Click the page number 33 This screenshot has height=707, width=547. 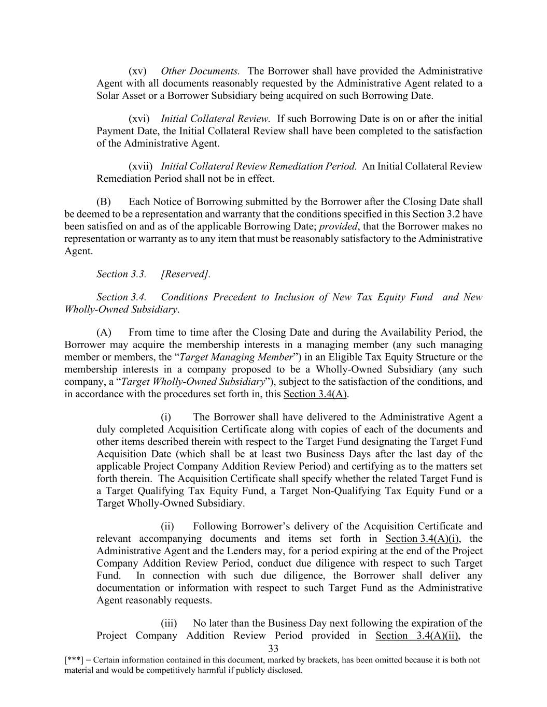click(x=273, y=649)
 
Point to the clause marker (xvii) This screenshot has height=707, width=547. click(x=141, y=166)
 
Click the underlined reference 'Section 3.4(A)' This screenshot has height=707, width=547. click(x=316, y=394)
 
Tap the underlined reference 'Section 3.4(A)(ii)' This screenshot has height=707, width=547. click(x=417, y=636)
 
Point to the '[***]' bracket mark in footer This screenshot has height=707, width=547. click(x=74, y=660)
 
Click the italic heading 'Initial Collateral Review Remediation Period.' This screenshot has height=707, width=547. click(x=259, y=166)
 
